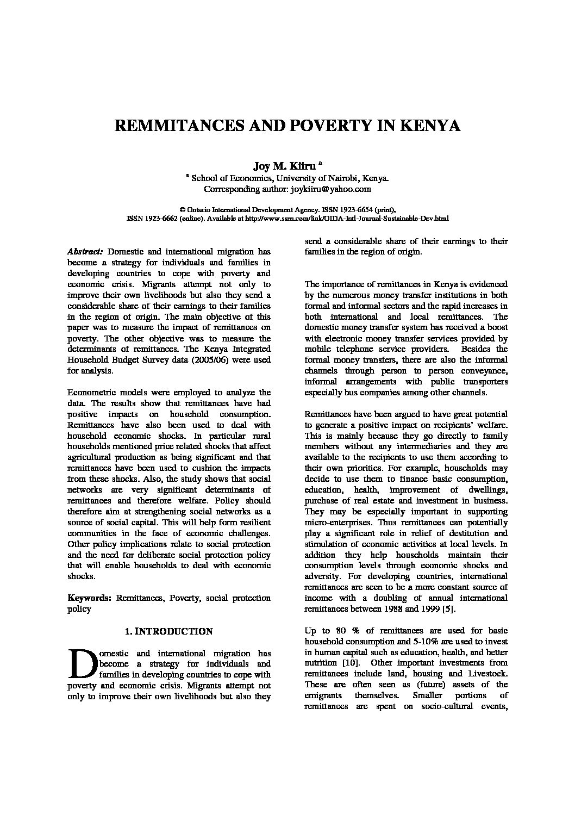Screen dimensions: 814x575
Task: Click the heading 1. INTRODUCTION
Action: click(x=168, y=632)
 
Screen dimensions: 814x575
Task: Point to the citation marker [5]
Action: click(x=448, y=608)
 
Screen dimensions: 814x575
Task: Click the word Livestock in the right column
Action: click(x=489, y=674)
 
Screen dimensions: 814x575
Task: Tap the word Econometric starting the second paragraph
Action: click(x=90, y=393)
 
